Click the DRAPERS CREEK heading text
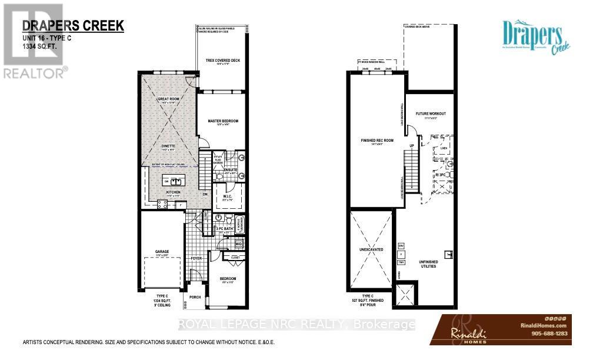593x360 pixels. pyautogui.click(x=73, y=25)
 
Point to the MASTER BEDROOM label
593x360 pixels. pyautogui.click(x=223, y=121)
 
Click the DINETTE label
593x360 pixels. pyautogui.click(x=168, y=147)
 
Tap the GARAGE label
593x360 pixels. pyautogui.click(x=162, y=251)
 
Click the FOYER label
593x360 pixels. pyautogui.click(x=196, y=258)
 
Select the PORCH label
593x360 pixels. pyautogui.click(x=195, y=296)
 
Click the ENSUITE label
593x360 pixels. pyautogui.click(x=230, y=169)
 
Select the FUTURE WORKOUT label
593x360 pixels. pyautogui.click(x=431, y=114)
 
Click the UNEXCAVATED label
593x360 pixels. pyautogui.click(x=371, y=249)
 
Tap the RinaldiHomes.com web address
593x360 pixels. pyautogui.click(x=547, y=325)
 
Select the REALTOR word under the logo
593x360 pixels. pyautogui.click(x=34, y=73)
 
